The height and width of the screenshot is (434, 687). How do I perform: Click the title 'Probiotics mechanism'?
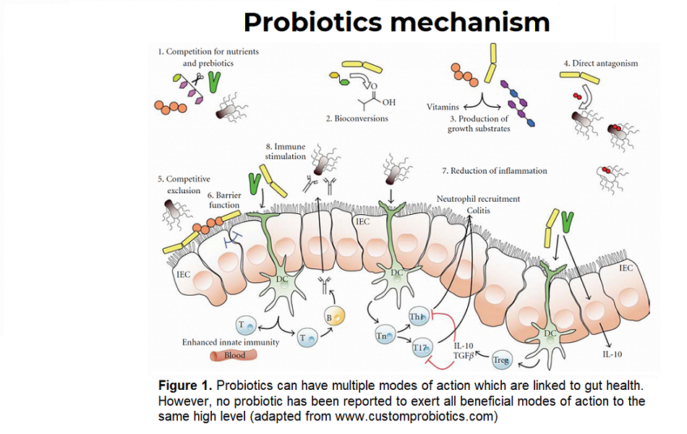(x=396, y=22)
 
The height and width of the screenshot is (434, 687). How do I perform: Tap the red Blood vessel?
(x=228, y=355)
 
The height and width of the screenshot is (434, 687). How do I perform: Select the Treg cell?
(x=501, y=359)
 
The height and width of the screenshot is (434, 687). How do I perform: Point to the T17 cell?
(x=421, y=348)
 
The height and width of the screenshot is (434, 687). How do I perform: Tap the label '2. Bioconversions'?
(x=357, y=118)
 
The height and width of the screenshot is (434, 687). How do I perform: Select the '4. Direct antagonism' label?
(x=601, y=64)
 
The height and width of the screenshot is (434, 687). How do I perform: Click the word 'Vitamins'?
(x=443, y=106)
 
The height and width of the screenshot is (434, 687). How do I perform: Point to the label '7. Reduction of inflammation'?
(x=494, y=171)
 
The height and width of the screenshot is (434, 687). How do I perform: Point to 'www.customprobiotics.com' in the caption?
(x=426, y=416)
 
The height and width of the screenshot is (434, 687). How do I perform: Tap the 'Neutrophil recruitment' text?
(x=478, y=198)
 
